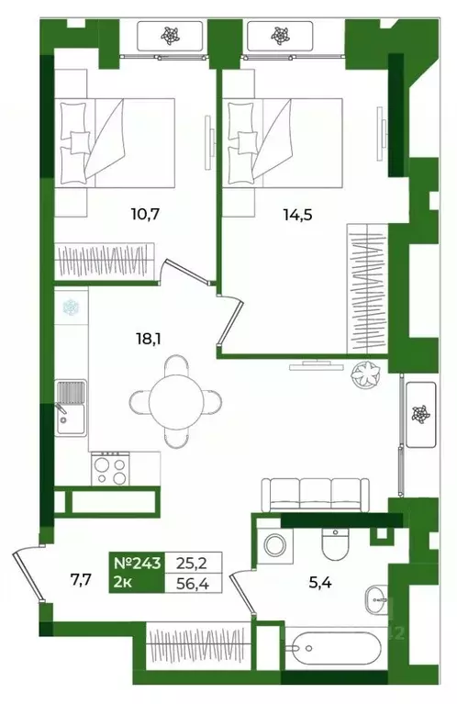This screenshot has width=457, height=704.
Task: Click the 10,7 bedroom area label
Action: tap(145, 214)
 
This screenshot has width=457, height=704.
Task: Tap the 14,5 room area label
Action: tap(297, 215)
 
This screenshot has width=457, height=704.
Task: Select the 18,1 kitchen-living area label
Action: tap(148, 339)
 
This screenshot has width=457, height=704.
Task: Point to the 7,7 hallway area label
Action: tap(81, 579)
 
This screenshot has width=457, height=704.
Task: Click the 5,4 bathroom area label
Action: tap(320, 582)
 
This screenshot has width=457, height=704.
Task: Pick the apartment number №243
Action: tap(137, 563)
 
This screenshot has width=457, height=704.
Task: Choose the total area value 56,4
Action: tap(194, 584)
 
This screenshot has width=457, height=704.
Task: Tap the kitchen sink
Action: tap(71, 408)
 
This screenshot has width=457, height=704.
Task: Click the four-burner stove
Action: tap(110, 469)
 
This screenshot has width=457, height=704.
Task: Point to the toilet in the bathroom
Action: tap(336, 544)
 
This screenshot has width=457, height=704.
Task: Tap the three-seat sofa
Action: tap(316, 495)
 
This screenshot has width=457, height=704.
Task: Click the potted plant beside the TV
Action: tap(366, 374)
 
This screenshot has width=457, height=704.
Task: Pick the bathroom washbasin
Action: tap(376, 599)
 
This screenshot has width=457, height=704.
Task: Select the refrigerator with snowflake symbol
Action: tap(71, 307)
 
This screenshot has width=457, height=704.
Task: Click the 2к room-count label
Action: tap(123, 583)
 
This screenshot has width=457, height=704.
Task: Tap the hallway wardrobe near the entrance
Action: tap(197, 645)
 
